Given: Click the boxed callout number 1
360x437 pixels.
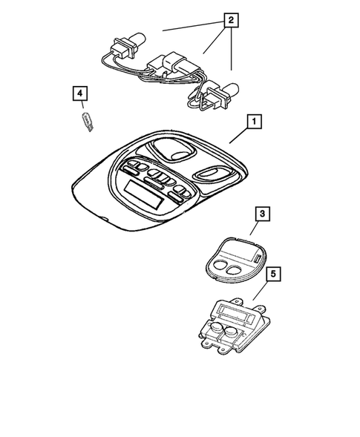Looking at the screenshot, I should pos(254,121).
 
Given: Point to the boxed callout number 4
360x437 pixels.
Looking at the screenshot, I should pos(79,93).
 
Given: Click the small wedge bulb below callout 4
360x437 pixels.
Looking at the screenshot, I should pos(88,119).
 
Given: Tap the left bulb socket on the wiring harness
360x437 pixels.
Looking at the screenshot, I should pos(123,53).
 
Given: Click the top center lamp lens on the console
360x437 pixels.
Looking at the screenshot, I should pos(177,156).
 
